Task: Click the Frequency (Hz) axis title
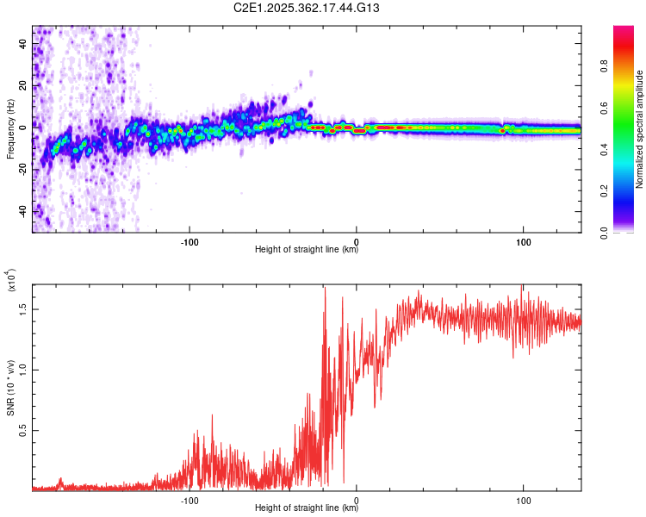coord(10,129)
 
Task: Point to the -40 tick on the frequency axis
coord(22,212)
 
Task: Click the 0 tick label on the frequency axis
coord(23,128)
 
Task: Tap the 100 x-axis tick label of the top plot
coord(523,240)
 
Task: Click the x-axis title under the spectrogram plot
coord(307,250)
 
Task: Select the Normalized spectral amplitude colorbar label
coord(640,129)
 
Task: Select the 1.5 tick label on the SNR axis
coord(23,308)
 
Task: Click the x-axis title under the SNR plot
coord(307,508)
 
